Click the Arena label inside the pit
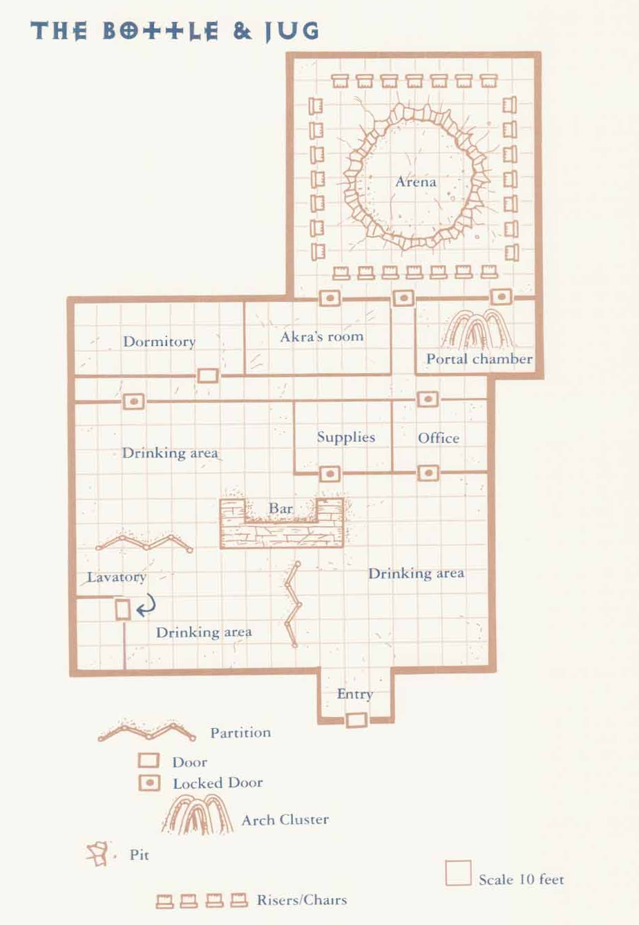click(x=416, y=182)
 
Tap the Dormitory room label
click(x=159, y=341)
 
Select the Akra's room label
click(x=322, y=336)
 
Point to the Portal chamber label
click(x=479, y=359)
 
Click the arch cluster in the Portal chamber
click(x=478, y=329)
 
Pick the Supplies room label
click(x=345, y=437)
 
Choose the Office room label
click(x=438, y=438)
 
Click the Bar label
click(x=280, y=508)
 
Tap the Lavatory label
click(x=117, y=577)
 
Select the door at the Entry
click(x=356, y=720)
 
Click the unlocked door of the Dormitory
click(x=207, y=375)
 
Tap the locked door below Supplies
click(x=330, y=474)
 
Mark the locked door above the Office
click(x=428, y=399)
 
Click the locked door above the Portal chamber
click(x=501, y=296)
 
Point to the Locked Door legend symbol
click(x=149, y=783)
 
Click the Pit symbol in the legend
click(x=98, y=854)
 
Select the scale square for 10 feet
click(x=458, y=873)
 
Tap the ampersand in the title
click(x=242, y=31)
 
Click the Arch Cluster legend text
click(x=285, y=819)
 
